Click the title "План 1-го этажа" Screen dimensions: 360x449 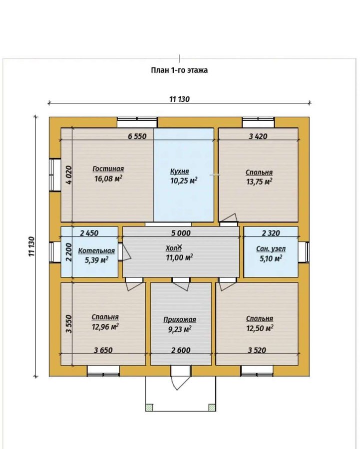coord(179,70)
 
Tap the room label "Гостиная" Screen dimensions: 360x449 coord(108,169)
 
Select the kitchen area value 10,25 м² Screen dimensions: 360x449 coord(184,181)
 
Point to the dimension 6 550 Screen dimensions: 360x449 coord(137,136)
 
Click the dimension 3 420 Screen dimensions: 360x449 coord(258,136)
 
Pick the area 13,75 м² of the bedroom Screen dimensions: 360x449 coord(259,182)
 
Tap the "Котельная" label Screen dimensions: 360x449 coord(96,251)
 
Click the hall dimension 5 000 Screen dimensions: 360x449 coord(181,233)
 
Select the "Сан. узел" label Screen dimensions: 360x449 coord(271,249)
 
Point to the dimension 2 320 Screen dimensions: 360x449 coord(271,233)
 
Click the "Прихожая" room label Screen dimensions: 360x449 coord(180,320)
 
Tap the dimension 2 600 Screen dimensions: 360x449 coord(181,350)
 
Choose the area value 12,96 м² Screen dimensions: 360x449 coord(105,326)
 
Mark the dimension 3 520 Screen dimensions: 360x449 coord(257,350)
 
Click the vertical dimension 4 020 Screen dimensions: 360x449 coord(69,175)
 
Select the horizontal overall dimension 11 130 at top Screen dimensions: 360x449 coord(179,99)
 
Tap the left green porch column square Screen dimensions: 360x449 coord(149,407)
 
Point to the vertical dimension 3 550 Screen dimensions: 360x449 coord(69,324)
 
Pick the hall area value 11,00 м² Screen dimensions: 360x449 coord(179,257)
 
